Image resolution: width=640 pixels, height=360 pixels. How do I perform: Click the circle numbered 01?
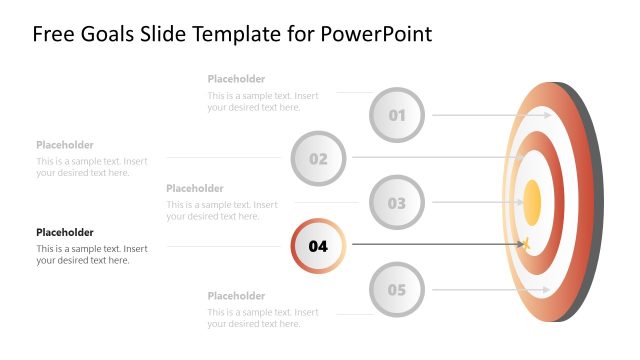397,115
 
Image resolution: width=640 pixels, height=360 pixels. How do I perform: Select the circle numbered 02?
318,158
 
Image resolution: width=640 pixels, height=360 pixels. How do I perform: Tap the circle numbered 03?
397,203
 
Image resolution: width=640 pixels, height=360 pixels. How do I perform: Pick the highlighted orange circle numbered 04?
318,246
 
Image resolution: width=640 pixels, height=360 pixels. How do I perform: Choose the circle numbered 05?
397,291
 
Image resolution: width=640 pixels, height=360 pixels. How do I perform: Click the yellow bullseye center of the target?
532,201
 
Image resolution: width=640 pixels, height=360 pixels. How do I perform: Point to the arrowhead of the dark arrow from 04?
523,243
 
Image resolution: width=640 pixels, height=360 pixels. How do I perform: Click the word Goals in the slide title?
102,34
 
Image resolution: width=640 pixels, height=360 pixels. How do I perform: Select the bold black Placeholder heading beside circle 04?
65,232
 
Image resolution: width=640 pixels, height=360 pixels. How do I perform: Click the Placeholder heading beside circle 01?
236,79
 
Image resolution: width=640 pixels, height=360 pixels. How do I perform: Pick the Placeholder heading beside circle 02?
65,145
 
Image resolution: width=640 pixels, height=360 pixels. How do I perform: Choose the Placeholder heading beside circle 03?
195,188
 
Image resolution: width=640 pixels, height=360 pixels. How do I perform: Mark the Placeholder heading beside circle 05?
236,296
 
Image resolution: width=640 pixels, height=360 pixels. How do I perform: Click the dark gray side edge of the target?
596,200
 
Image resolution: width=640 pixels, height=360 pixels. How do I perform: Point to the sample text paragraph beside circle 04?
92,254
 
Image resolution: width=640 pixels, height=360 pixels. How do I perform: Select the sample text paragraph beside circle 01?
263,101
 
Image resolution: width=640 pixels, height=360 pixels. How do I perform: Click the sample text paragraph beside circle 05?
263,318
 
